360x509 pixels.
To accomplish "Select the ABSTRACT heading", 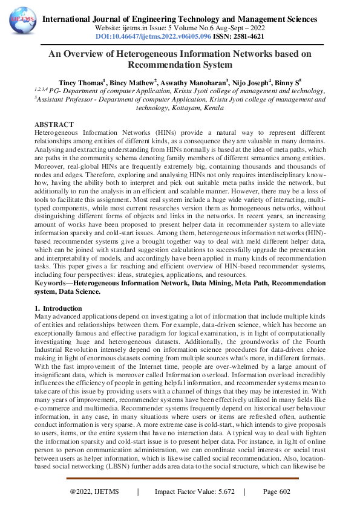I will click(55, 123).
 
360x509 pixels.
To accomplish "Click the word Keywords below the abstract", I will click(53, 282).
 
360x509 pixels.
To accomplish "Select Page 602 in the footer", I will click(277, 491).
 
